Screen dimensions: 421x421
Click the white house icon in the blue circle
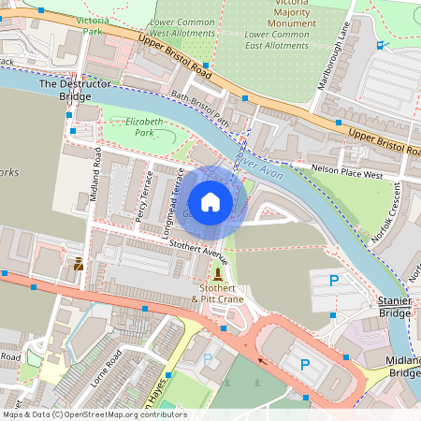tap(210, 202)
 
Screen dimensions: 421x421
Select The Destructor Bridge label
tap(66, 90)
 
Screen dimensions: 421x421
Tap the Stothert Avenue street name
tap(198, 250)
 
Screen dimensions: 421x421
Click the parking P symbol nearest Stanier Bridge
tap(333, 280)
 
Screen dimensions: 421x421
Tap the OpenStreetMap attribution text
tap(94, 414)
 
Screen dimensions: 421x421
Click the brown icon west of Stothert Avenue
tap(79, 265)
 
